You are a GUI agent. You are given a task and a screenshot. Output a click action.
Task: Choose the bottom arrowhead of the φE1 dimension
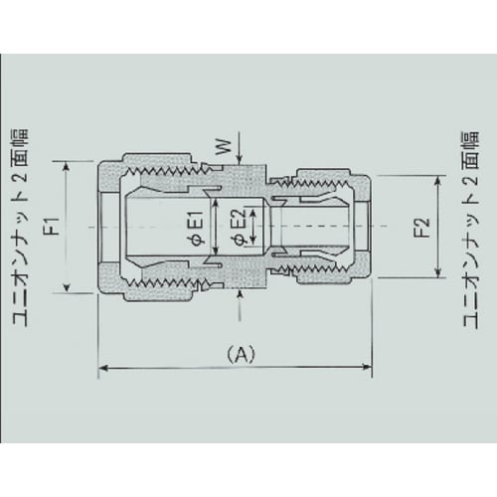(210, 260)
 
